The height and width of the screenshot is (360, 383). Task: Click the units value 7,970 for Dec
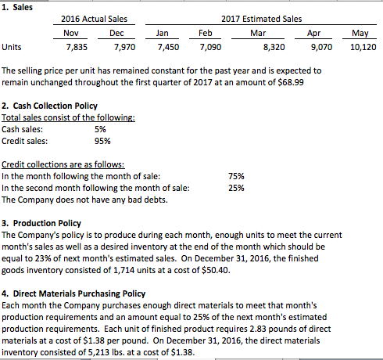115,46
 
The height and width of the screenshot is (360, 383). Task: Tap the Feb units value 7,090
200,46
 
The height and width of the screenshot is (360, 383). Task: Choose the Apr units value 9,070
320,46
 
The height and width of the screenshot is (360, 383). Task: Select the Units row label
13,46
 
